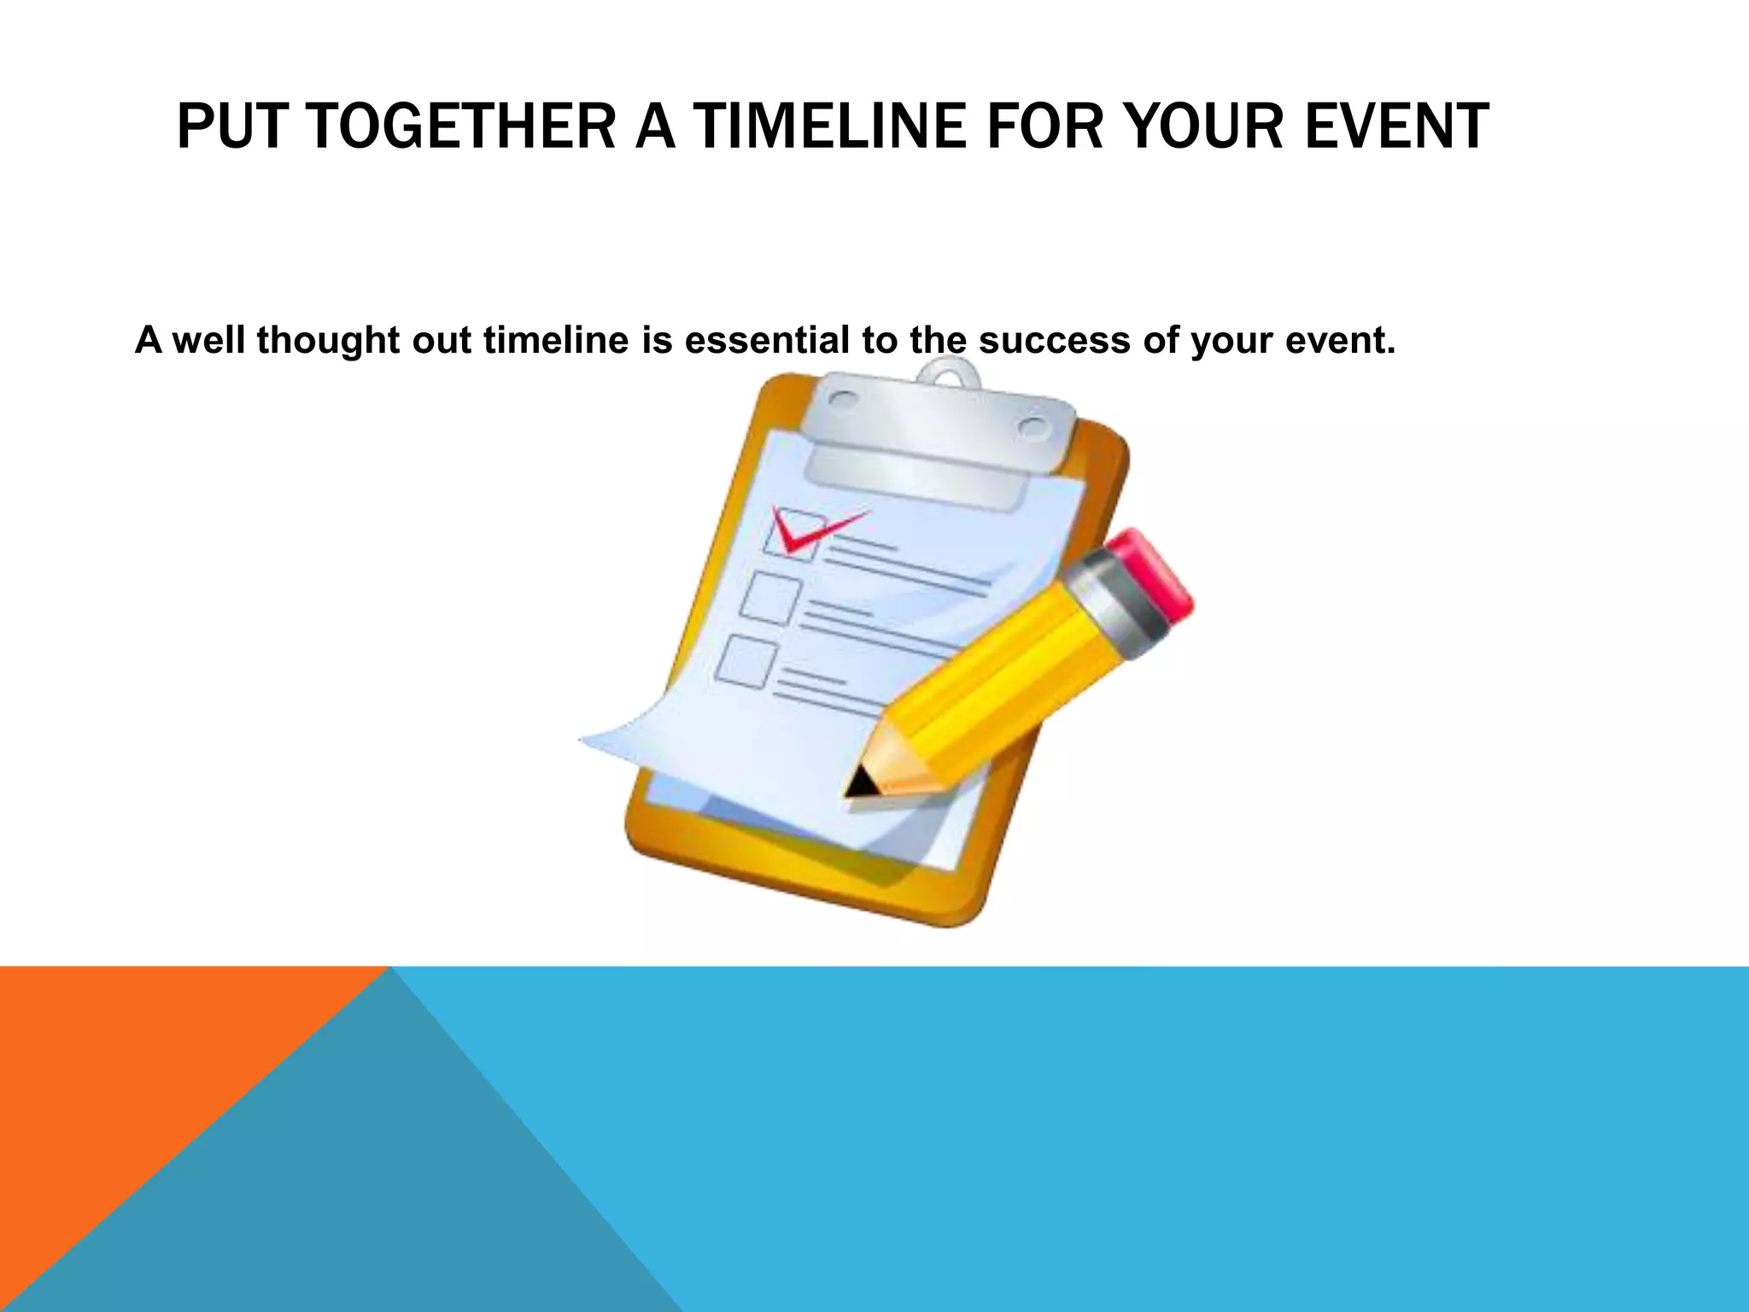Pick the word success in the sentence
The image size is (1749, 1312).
(x=1054, y=340)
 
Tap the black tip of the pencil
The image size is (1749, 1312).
(x=857, y=784)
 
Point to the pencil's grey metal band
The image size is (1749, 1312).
(x=1114, y=606)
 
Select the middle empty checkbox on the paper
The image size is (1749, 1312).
(x=770, y=599)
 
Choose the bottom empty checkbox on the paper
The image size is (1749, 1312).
(x=746, y=660)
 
